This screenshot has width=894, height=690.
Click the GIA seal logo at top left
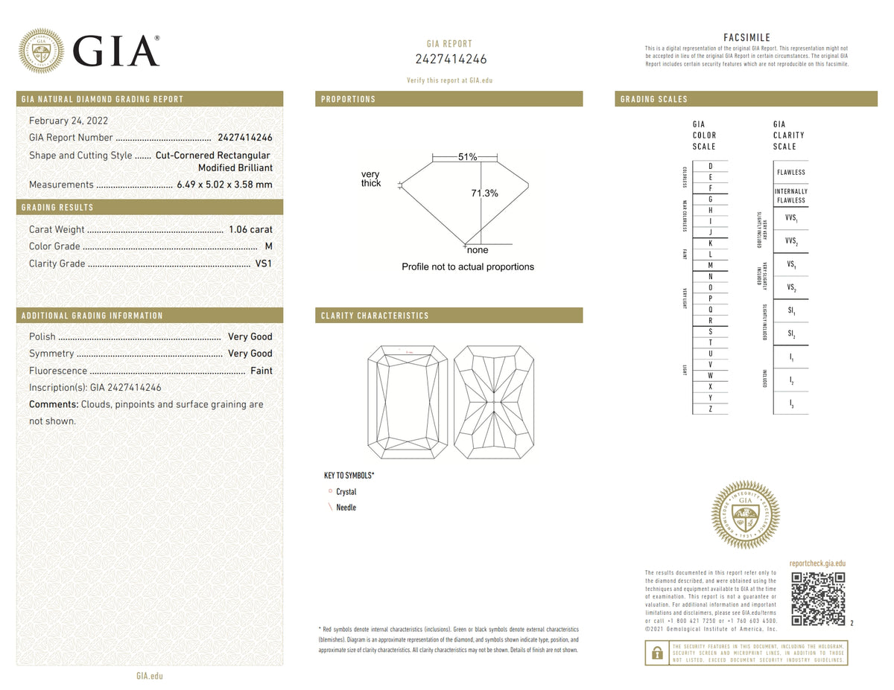41,51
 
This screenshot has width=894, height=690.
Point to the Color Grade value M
268,246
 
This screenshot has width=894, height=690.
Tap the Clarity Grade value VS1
263,263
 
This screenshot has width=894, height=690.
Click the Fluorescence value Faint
261,371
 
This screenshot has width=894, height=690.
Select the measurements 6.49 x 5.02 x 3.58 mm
224,185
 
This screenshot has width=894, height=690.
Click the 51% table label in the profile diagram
467,157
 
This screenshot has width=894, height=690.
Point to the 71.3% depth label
484,194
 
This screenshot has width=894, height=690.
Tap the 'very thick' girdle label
371,179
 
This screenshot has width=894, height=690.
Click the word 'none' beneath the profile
478,251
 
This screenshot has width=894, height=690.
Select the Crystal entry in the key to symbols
346,492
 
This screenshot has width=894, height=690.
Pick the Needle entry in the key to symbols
346,508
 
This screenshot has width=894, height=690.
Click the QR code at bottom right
817,598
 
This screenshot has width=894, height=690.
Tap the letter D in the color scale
711,166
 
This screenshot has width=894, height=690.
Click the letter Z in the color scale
711,409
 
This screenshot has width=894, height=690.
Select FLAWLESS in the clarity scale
790,173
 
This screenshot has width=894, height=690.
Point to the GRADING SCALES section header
653,99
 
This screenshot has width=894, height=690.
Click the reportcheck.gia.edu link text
817,564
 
